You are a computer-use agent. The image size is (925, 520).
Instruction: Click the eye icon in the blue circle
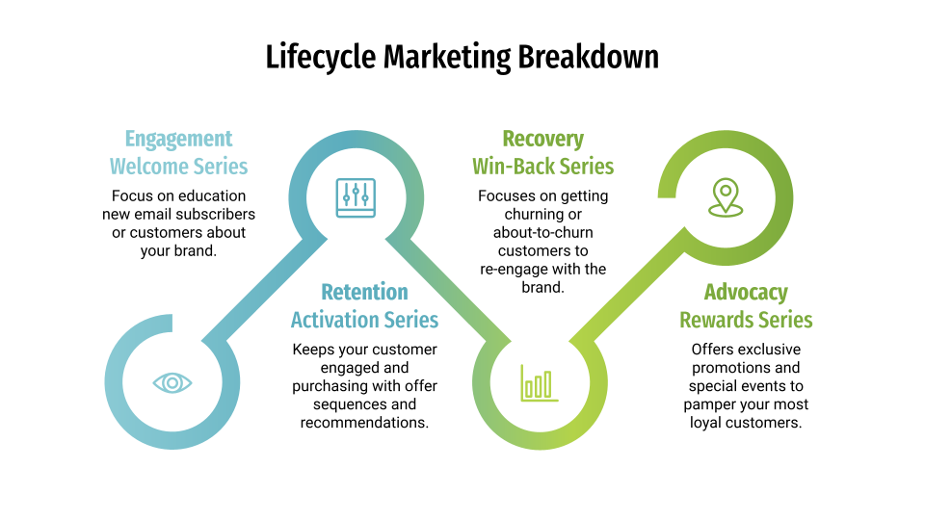pos(172,383)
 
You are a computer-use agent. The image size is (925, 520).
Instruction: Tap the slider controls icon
pos(356,197)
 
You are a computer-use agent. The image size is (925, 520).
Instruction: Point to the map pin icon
pos(726,197)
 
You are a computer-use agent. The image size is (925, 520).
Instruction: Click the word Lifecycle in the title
pos(320,58)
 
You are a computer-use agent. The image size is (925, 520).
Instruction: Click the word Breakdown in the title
pos(588,57)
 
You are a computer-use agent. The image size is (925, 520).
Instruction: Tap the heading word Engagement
pos(179,139)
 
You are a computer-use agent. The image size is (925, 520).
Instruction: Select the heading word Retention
pos(364,292)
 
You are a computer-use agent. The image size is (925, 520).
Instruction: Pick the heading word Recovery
pos(543,139)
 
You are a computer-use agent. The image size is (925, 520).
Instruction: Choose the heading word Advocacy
pos(746,293)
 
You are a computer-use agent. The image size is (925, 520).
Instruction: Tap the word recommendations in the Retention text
pos(364,423)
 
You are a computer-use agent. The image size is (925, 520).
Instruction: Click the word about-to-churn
pos(543,232)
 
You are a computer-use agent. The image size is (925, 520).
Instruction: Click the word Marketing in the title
pos(447,58)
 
